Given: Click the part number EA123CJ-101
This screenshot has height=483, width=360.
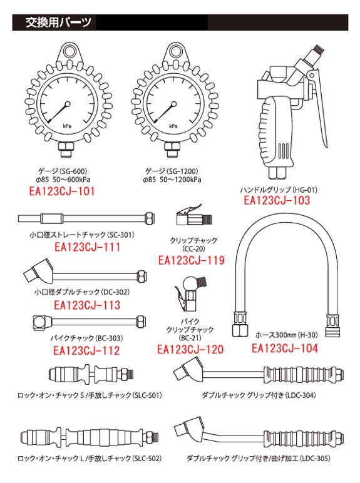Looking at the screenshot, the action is [61, 191].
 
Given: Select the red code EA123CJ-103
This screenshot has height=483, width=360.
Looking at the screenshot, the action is [277, 200].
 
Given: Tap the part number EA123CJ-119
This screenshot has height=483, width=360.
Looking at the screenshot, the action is [192, 260].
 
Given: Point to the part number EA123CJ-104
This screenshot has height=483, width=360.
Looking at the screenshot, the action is [285, 348].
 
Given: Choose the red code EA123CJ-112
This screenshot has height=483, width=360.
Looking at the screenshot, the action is [86, 350].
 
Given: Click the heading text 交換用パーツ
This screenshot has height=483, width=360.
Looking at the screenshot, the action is [59, 23].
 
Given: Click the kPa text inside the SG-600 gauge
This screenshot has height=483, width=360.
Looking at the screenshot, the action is [67, 126].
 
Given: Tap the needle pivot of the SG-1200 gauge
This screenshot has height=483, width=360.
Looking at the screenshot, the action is [173, 104].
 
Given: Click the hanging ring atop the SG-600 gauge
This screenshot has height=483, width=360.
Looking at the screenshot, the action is [68, 51].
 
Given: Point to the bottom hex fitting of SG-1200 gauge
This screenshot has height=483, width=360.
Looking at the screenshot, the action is [173, 150].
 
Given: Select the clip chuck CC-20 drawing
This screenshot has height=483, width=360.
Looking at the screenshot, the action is [194, 215].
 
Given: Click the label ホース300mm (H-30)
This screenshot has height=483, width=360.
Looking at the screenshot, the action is [287, 335].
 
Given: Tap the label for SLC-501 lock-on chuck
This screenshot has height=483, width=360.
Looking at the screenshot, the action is [90, 395].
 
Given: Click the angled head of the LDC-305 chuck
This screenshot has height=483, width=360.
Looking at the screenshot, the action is [190, 430].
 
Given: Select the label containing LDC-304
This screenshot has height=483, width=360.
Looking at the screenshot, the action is [259, 395].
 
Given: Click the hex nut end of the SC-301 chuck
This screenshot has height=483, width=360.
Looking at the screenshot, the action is [150, 218].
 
